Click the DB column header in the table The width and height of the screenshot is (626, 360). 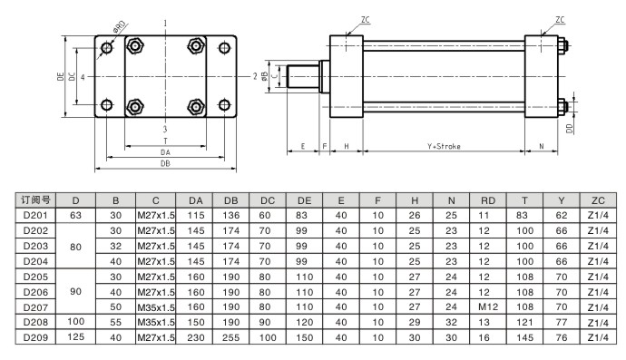[x=230, y=200]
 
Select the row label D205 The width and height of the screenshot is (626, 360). [x=35, y=277]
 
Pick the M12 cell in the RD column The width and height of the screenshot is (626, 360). [x=488, y=306]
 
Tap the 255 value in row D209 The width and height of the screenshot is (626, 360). [x=230, y=337]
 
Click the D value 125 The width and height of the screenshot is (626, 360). [x=75, y=336]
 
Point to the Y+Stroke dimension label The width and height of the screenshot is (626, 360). [x=444, y=147]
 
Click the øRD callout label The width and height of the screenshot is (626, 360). [x=120, y=27]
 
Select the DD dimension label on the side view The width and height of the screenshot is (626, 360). [x=570, y=129]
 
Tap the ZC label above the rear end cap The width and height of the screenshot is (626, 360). [x=560, y=20]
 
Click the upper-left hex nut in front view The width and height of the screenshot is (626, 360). [x=135, y=45]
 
